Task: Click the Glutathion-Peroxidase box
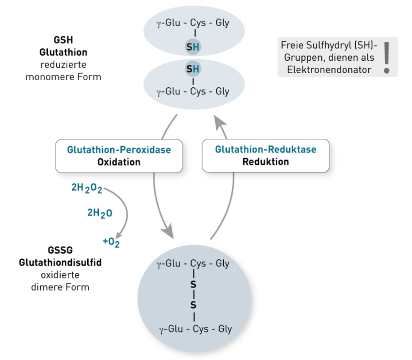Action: (119, 156)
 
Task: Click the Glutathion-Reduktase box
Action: (266, 156)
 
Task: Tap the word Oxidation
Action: (119, 162)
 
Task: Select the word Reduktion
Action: (266, 161)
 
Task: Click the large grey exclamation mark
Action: (387, 57)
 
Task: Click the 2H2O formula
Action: (100, 213)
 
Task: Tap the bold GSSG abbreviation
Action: (60, 251)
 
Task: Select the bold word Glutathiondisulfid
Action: (60, 262)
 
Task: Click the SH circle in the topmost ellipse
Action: (193, 47)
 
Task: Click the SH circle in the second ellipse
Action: (193, 69)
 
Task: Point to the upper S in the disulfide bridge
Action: (193, 284)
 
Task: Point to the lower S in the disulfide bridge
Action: (193, 305)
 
